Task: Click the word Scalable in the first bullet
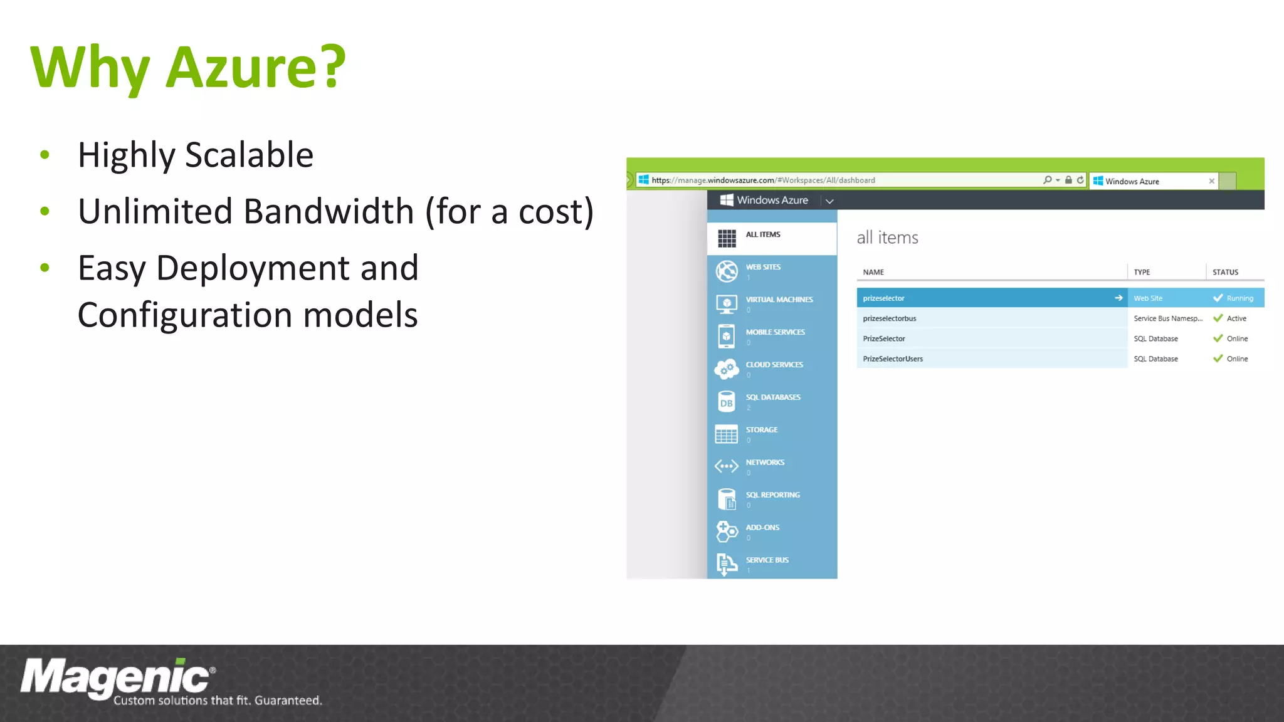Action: click(249, 155)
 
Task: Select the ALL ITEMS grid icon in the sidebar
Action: click(727, 238)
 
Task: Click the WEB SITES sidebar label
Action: click(763, 267)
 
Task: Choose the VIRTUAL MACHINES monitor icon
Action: click(727, 305)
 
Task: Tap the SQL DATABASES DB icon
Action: click(727, 402)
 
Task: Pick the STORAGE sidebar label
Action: click(762, 430)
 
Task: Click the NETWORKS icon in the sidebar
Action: click(727, 466)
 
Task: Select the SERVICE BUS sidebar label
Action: click(767, 560)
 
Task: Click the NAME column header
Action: click(873, 273)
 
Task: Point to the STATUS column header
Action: click(1225, 273)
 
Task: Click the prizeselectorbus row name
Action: click(890, 318)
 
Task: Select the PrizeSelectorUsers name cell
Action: click(893, 359)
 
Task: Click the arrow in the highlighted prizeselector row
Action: click(1118, 298)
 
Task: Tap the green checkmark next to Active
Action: click(1218, 318)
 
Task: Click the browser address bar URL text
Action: click(763, 180)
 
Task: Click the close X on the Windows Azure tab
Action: click(1212, 181)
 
